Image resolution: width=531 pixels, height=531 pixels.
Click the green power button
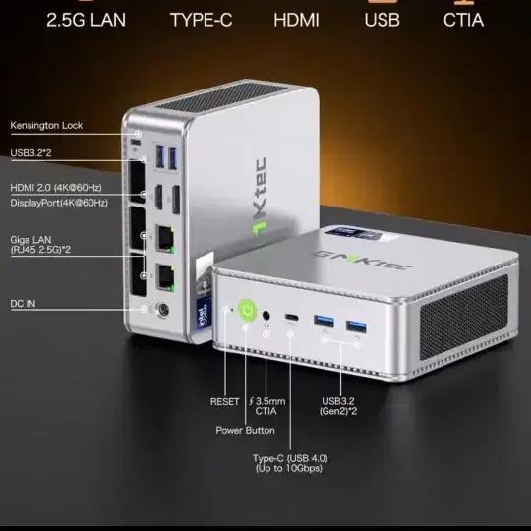[x=247, y=310]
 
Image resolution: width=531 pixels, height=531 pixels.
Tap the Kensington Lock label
[x=46, y=125]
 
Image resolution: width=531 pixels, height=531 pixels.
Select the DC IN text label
[x=23, y=304]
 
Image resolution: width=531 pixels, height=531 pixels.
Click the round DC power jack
[x=162, y=310]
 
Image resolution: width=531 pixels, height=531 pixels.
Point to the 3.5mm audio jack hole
[x=266, y=316]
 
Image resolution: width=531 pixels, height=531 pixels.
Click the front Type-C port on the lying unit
[x=291, y=318]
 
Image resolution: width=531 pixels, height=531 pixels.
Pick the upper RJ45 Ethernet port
[x=165, y=239]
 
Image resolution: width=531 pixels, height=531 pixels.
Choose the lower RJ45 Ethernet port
[x=165, y=277]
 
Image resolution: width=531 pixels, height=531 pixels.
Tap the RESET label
[x=224, y=401]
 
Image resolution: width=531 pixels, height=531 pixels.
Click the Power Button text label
[x=245, y=430]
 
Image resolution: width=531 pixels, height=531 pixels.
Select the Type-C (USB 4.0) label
[x=290, y=458]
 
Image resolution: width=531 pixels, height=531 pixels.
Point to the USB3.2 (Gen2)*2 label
[x=338, y=406]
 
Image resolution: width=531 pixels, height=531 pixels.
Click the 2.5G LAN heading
[x=86, y=20]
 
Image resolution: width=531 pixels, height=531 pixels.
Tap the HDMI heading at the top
[x=296, y=20]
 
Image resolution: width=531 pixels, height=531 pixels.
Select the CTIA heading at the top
[x=463, y=20]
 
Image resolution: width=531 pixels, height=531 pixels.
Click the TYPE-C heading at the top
[x=202, y=20]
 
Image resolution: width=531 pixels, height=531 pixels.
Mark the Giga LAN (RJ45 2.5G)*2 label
[x=40, y=245]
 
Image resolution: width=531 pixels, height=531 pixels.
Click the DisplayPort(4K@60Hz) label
[x=59, y=203]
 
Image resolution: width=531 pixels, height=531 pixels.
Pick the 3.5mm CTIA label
[x=266, y=406]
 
